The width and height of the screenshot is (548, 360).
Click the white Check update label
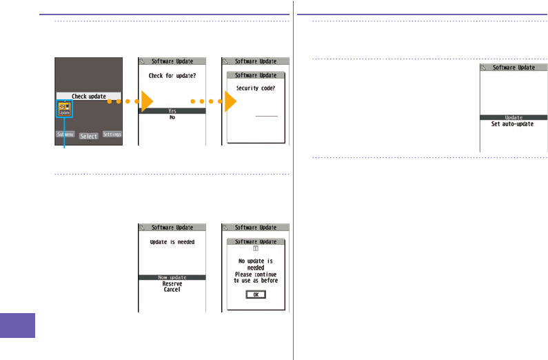(x=88, y=96)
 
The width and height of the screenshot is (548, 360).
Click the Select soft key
(x=88, y=137)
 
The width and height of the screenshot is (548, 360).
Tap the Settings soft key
(x=112, y=134)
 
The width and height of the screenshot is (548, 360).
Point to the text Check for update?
(x=172, y=76)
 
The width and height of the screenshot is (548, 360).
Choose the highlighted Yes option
(x=172, y=110)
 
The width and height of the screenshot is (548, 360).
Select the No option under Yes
(x=172, y=117)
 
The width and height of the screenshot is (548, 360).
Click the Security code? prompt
(x=256, y=88)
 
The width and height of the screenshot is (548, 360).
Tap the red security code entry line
(x=266, y=117)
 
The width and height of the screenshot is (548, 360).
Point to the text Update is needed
(x=172, y=242)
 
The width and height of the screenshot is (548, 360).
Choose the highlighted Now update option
(x=172, y=277)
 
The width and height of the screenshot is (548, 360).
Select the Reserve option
(x=172, y=283)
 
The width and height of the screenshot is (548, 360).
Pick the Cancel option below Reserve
(x=172, y=290)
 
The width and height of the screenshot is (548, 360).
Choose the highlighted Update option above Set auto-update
(x=514, y=117)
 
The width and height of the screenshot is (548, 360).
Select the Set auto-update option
(x=514, y=124)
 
